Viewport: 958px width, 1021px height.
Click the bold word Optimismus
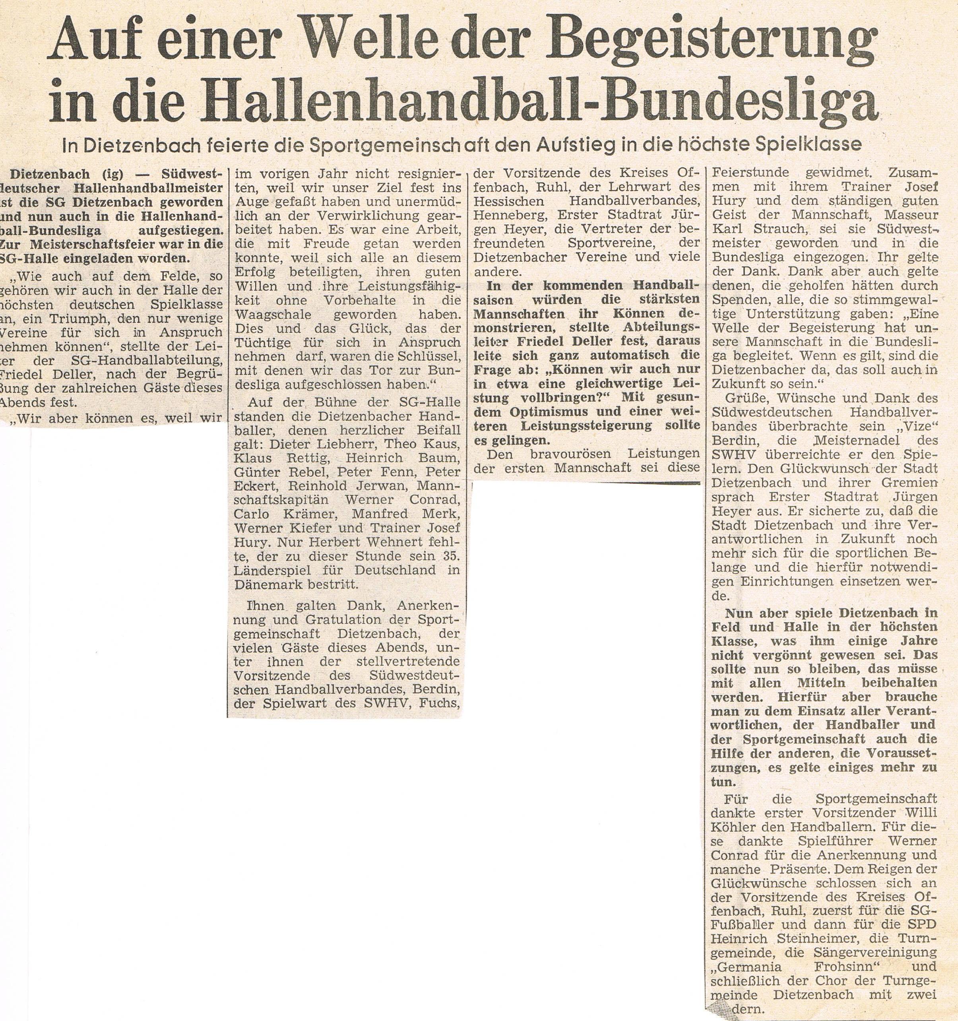pyautogui.click(x=557, y=412)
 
